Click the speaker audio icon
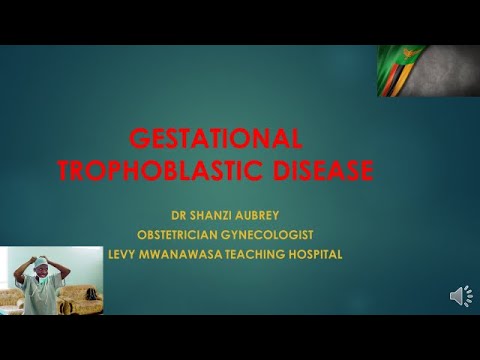(461, 296)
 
